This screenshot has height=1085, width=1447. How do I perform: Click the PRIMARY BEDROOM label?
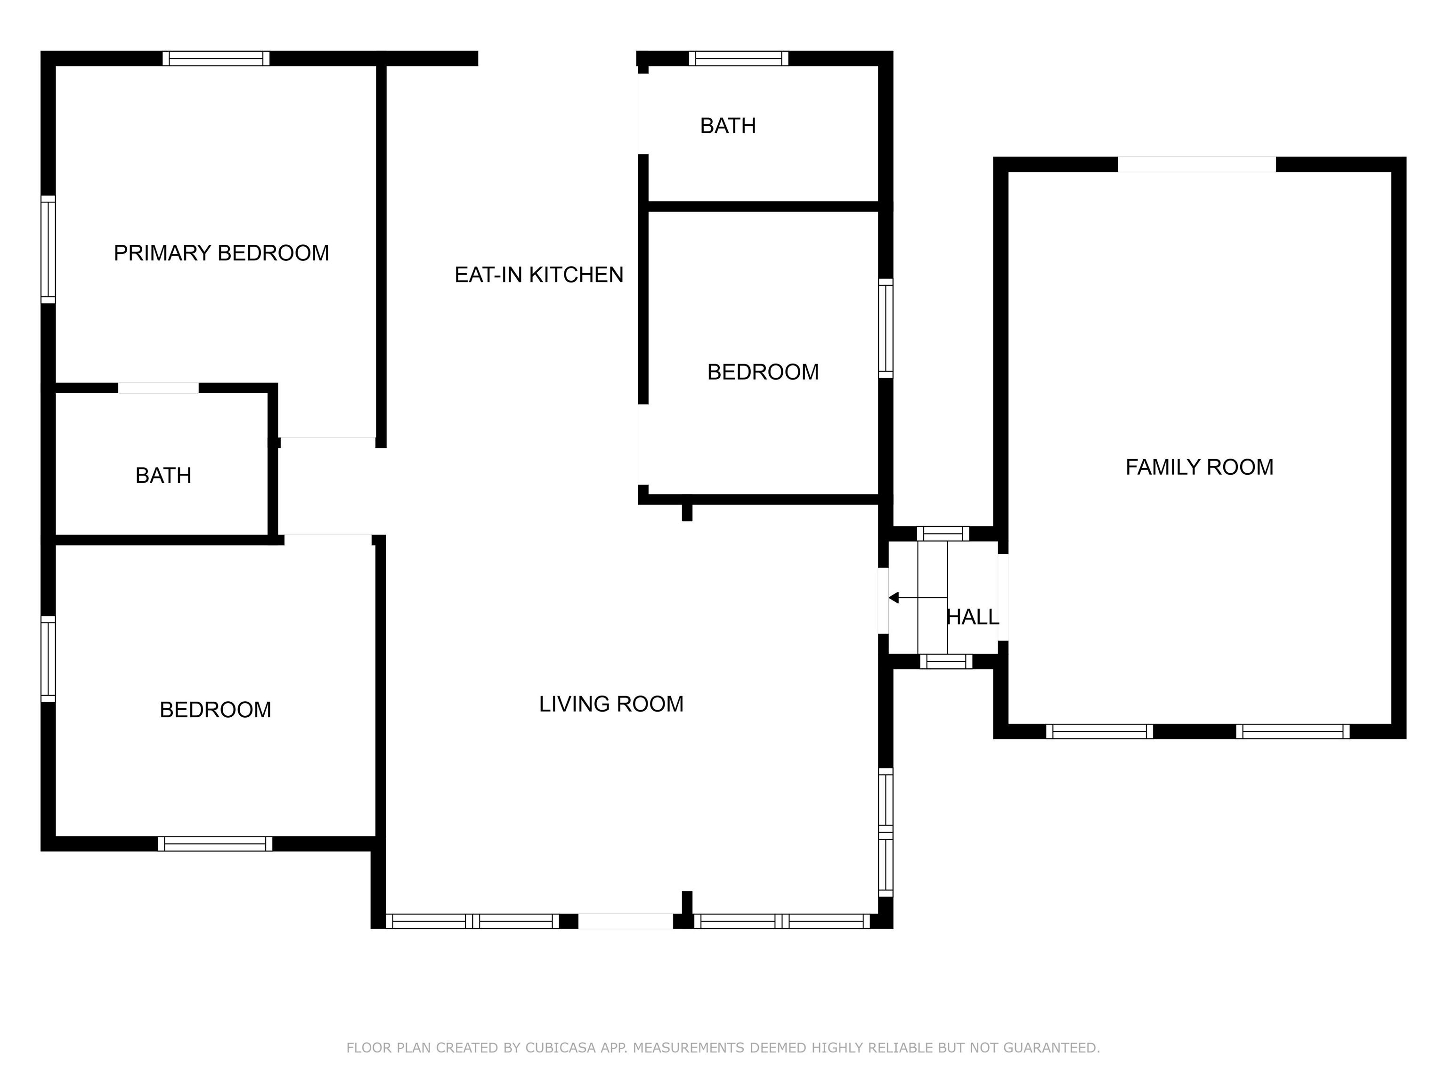pos(221,253)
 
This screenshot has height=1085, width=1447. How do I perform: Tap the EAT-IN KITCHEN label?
pos(538,275)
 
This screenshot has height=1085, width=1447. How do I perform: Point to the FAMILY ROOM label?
pos(1199,467)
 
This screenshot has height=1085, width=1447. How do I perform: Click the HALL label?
pos(973,617)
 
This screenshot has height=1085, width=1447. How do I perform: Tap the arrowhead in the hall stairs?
pos(894,598)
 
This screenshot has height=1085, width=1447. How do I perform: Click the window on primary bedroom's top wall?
pos(216,58)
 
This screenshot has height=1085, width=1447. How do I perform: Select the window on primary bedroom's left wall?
pos(48,249)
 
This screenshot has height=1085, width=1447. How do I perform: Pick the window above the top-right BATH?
pos(738,58)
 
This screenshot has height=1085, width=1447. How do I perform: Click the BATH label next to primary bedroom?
pos(163,476)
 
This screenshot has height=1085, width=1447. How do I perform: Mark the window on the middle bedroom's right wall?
pos(885,328)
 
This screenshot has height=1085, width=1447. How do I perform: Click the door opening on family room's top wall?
pos(1196,164)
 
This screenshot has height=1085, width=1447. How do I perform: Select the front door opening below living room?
pos(626,921)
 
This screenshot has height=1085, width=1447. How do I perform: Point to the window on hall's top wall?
pos(943,534)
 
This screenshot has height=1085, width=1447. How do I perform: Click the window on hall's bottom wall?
pos(946,661)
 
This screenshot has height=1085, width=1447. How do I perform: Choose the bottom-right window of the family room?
pos(1292,731)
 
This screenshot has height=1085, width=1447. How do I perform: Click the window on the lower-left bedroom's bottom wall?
pos(215,844)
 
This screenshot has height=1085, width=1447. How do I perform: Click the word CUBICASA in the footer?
pos(560,1048)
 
